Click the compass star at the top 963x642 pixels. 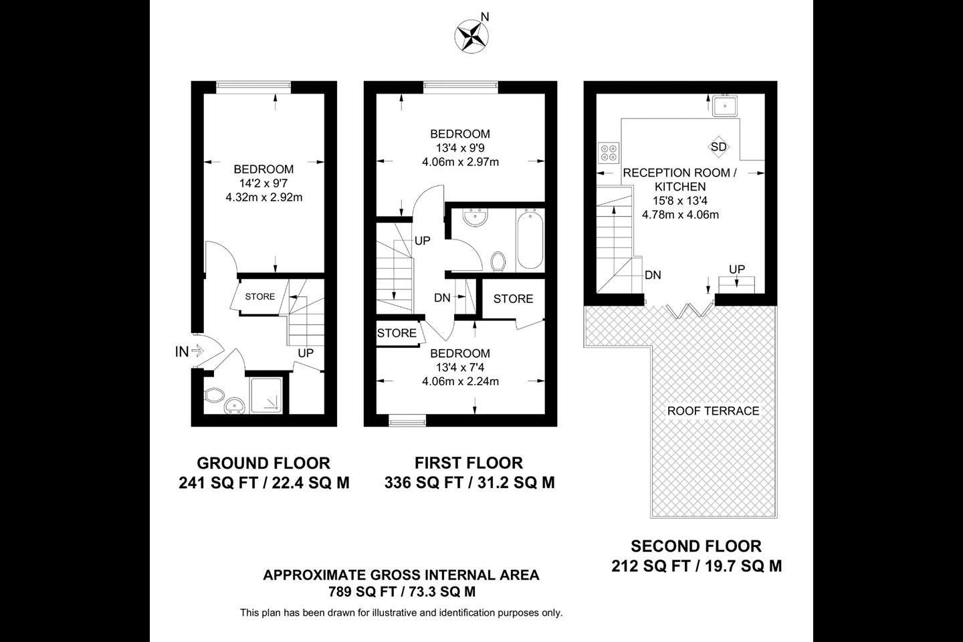[x=471, y=37]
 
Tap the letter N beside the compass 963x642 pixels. [x=485, y=17]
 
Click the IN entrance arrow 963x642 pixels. [x=197, y=351]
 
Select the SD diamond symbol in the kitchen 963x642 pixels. [x=718, y=147]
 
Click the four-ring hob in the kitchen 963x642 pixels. [x=609, y=152]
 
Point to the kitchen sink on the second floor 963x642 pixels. [x=725, y=106]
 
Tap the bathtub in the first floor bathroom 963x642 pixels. [x=530, y=239]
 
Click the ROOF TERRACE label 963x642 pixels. [x=713, y=411]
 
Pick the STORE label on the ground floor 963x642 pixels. [x=260, y=297]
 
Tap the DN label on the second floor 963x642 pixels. [x=653, y=276]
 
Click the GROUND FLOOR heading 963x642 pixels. [x=263, y=463]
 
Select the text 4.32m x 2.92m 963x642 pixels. [x=264, y=197]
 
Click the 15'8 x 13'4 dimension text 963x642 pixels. [x=680, y=201]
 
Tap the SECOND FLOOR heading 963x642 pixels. [x=696, y=546]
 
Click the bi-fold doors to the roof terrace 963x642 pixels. [x=690, y=310]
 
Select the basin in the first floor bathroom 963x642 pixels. [x=475, y=218]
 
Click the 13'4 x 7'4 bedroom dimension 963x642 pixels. [x=460, y=367]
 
